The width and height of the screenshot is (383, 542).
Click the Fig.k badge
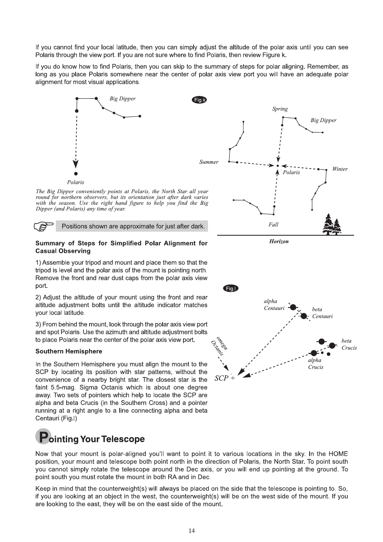(x=200, y=100)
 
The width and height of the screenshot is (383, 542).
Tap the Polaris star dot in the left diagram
(x=76, y=174)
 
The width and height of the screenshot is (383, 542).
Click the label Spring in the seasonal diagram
(x=280, y=109)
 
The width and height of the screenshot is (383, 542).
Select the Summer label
(x=209, y=162)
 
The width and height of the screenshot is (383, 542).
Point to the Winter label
(x=340, y=169)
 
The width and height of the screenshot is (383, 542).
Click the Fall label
(x=273, y=224)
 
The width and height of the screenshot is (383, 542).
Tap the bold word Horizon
(x=279, y=242)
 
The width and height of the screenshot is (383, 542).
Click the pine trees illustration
(x=332, y=224)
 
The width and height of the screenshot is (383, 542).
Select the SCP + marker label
(x=225, y=378)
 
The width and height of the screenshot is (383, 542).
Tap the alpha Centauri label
(x=273, y=305)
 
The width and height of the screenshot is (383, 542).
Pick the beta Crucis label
(x=349, y=344)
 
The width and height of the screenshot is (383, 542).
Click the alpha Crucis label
(x=315, y=364)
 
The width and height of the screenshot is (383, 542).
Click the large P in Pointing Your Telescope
(x=43, y=437)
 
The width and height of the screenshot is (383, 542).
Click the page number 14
(x=191, y=531)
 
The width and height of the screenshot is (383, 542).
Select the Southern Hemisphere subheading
(x=69, y=351)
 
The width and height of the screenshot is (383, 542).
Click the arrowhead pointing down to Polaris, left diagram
(x=76, y=164)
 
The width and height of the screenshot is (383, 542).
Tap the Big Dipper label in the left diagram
(x=122, y=99)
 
